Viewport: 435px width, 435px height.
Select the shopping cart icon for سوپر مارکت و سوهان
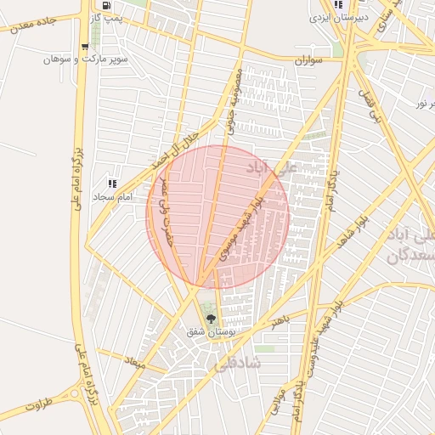point(84,48)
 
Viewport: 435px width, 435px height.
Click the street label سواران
point(310,61)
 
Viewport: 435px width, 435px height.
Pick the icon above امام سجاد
point(111,183)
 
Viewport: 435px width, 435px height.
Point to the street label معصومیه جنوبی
point(233,102)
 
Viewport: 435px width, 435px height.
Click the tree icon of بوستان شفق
point(210,319)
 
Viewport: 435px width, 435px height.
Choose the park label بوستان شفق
point(214,332)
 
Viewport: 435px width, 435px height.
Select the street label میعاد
point(135,363)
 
